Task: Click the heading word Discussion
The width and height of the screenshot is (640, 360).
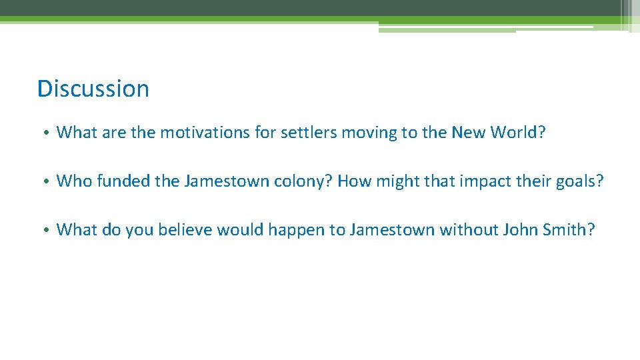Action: pos(93,89)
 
